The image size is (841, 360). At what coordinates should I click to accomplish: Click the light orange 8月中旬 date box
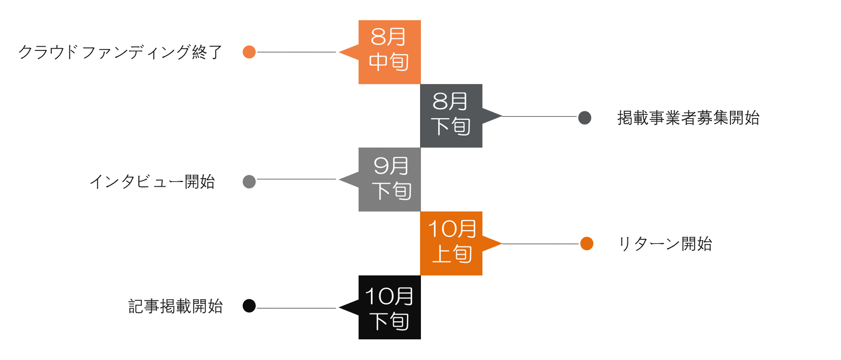390,52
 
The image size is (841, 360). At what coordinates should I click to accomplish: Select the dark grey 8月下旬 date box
451,116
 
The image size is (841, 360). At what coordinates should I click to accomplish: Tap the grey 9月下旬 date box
390,180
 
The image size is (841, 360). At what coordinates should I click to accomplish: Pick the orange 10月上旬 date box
451,244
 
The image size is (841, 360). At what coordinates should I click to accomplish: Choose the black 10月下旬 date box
390,307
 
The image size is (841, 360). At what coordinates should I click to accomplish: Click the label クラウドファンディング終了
120,52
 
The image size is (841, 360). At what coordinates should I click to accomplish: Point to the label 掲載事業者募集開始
689,118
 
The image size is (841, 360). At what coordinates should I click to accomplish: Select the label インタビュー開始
152,182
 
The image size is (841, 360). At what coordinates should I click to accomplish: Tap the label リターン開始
665,244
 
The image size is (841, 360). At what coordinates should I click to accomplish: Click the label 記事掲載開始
175,306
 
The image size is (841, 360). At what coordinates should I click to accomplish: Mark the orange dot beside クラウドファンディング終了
249,52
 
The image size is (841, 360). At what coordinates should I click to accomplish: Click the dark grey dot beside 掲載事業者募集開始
585,118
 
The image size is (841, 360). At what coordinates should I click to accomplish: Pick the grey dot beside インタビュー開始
249,182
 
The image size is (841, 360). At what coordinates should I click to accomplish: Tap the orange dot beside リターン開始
586,244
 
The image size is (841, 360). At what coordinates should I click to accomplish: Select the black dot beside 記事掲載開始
249,306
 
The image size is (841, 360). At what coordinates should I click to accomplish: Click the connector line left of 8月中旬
296,52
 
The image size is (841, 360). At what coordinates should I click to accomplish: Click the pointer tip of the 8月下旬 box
502,116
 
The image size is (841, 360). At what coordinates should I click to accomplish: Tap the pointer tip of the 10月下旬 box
339,307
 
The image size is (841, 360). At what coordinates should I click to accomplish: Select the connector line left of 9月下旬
296,179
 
